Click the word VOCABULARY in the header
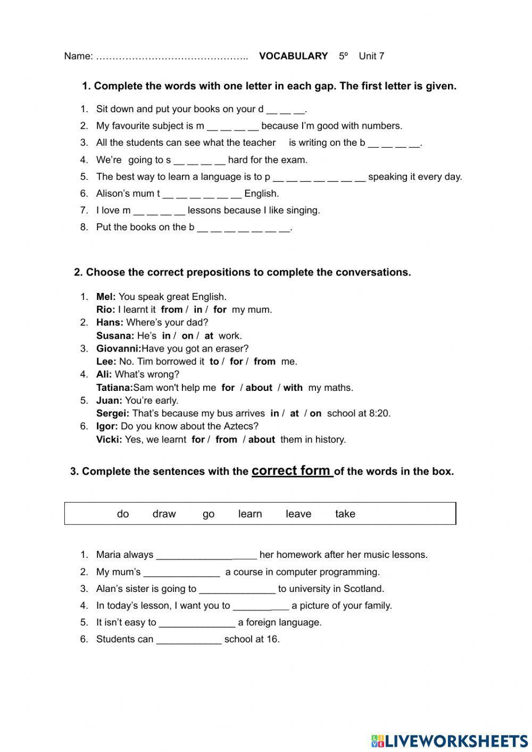coord(293,56)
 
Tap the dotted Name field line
coord(172,56)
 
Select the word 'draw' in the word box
coord(164,514)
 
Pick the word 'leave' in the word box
coord(298,514)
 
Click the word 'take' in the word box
coord(345,514)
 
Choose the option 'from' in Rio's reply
coord(171,310)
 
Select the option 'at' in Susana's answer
coord(209,336)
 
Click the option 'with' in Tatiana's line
coord(293,388)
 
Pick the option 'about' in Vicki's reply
coord(261,439)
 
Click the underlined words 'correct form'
coord(292,471)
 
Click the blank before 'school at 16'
coord(188,640)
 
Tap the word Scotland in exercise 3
coord(364,589)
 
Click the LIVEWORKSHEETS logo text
coord(456,741)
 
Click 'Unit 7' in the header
coord(371,56)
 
